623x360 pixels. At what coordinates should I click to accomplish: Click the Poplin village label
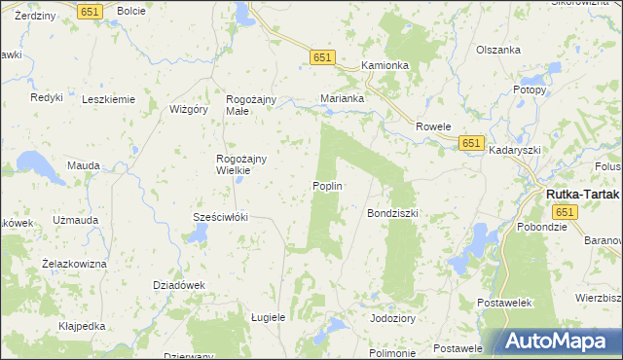coord(327,186)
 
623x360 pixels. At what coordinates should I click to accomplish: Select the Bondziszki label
coord(391,212)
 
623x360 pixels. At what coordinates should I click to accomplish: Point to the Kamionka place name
coord(384,65)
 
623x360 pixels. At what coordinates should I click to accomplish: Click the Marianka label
coord(343,98)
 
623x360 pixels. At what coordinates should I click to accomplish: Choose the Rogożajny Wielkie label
coord(235,164)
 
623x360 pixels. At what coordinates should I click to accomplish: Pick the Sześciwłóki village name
coord(221,217)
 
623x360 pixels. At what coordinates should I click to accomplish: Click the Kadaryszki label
coord(515,151)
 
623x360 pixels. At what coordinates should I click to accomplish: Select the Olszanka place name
coord(497,50)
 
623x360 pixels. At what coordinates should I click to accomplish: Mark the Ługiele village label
coord(268,318)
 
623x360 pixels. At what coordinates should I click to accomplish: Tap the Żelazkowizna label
coord(74,263)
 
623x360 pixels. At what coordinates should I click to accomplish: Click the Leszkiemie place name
coord(108,99)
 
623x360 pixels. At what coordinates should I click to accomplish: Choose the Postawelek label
coord(504,304)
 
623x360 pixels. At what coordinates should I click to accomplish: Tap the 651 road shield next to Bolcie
coord(91,11)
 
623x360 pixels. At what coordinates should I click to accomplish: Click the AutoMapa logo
coord(561,342)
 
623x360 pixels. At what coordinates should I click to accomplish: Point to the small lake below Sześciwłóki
coord(199,234)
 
